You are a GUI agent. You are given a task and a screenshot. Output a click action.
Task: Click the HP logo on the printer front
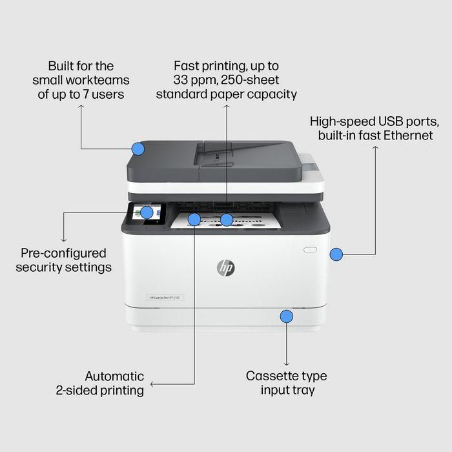pyautogui.click(x=226, y=267)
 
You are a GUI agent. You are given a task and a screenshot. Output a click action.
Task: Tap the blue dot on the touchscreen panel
pyautogui.click(x=147, y=212)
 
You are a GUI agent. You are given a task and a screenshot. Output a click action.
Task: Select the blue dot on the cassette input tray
pyautogui.click(x=286, y=316)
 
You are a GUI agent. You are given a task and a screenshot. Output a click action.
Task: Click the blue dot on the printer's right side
pyautogui.click(x=336, y=254)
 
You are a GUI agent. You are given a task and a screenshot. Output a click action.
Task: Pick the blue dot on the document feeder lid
pyautogui.click(x=138, y=149)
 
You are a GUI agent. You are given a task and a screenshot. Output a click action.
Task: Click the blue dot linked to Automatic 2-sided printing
pyautogui.click(x=194, y=220)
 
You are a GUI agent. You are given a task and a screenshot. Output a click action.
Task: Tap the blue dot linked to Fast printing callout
pyautogui.click(x=226, y=220)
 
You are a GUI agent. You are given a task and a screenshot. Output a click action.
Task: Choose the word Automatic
pyautogui.click(x=114, y=376)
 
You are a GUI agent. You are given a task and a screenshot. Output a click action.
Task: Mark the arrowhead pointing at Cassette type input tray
pyautogui.click(x=286, y=363)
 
